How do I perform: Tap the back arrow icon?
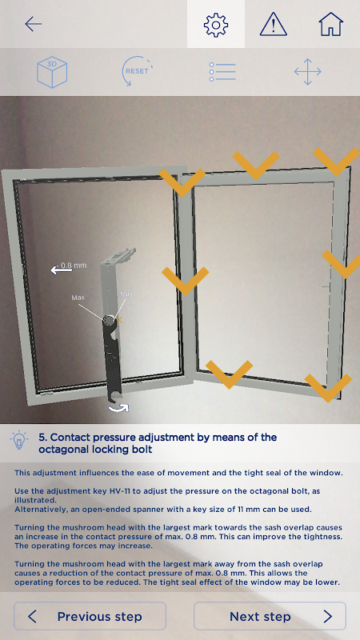[33, 24]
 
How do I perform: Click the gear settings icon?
[216, 25]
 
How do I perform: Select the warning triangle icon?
[274, 24]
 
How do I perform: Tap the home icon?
[330, 24]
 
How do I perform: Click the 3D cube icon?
[52, 72]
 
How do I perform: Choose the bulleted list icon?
[222, 71]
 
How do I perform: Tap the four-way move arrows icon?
[308, 72]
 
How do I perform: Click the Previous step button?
[90, 616]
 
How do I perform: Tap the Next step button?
[270, 616]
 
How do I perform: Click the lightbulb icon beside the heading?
[18, 440]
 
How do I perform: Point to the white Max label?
[78, 298]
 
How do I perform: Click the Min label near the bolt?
[126, 294]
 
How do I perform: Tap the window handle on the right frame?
[326, 286]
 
